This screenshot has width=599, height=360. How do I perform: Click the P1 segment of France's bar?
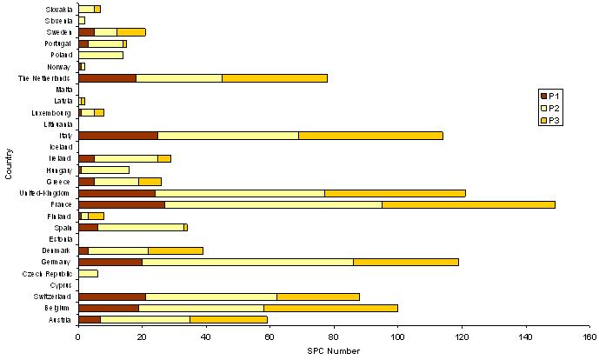click(x=121, y=204)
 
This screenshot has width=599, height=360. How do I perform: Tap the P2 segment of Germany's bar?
click(x=248, y=261)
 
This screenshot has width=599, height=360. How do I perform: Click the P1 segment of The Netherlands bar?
click(x=107, y=77)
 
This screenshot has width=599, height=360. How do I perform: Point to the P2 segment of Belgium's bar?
click(x=201, y=308)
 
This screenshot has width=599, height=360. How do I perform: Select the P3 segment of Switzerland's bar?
click(x=318, y=296)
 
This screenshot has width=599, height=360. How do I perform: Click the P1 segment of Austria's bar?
click(x=90, y=319)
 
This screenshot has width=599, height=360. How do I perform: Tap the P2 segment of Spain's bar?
click(x=141, y=228)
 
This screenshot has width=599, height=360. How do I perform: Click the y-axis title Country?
click(x=8, y=165)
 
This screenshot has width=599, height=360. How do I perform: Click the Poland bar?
click(x=101, y=54)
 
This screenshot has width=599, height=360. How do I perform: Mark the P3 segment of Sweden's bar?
click(x=131, y=31)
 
